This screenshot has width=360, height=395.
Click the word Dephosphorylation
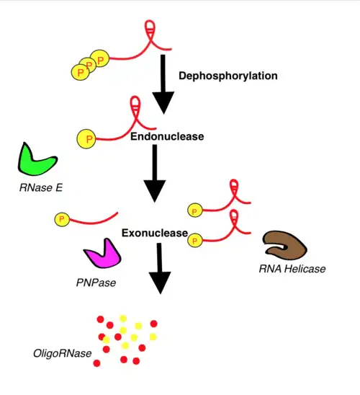pyautogui.click(x=228, y=76)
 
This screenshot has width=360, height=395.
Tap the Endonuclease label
pyautogui.click(x=167, y=136)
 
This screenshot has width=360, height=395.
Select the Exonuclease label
pyautogui.click(x=155, y=233)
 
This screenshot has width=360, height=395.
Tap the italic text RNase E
pyautogui.click(x=41, y=187)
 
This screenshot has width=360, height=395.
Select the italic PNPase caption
pyautogui.click(x=96, y=283)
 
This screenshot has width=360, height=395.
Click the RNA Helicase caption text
pyautogui.click(x=292, y=269)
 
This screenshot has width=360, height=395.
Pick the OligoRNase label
pyautogui.click(x=63, y=353)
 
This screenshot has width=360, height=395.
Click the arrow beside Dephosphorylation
pyautogui.click(x=163, y=84)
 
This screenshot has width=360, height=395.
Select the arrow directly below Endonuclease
pyautogui.click(x=155, y=173)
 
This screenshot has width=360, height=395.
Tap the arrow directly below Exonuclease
pyautogui.click(x=160, y=268)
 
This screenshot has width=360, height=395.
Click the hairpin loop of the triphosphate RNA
pyautogui.click(x=150, y=27)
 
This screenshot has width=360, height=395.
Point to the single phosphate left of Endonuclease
pyautogui.click(x=86, y=139)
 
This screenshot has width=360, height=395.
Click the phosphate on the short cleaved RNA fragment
pyautogui.click(x=62, y=219)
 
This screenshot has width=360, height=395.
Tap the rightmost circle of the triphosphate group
pyautogui.click(x=99, y=59)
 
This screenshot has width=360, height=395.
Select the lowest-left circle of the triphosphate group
pyautogui.click(x=80, y=72)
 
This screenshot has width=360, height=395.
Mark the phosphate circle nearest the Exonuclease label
pyautogui.click(x=195, y=240)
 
